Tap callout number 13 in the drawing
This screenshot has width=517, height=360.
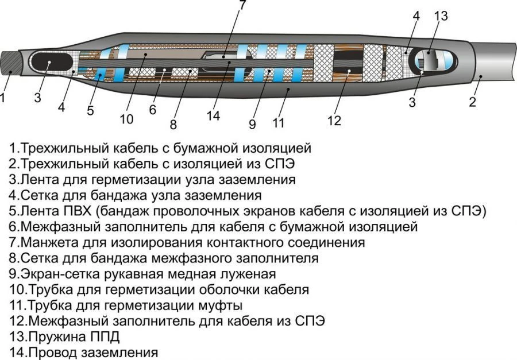pos(441,16)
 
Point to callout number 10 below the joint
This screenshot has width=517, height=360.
pos(126,119)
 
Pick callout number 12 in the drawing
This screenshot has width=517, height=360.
pos(334,121)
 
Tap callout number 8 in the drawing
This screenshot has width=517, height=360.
pos(173,123)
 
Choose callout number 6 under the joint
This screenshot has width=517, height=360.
pos(153,109)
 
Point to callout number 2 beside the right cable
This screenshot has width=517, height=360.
pos(472,103)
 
